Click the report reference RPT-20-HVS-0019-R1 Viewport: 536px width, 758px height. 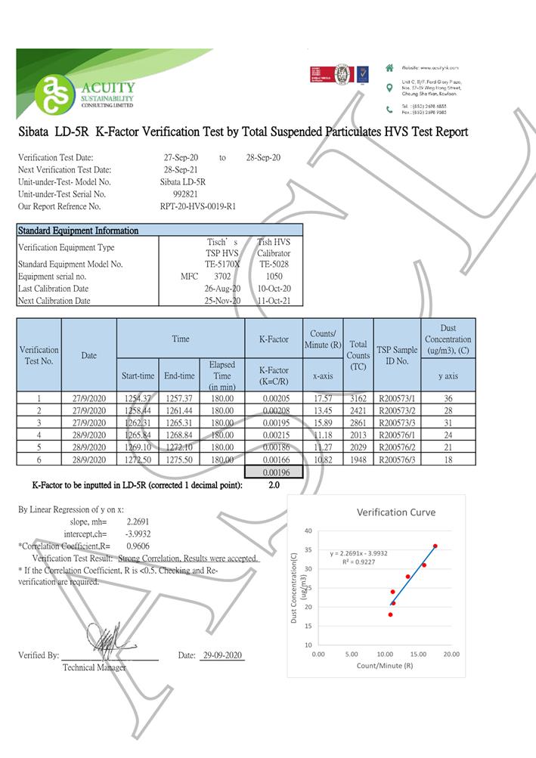(198, 206)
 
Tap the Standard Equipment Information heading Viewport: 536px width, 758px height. (78, 230)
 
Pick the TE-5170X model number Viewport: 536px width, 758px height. (222, 265)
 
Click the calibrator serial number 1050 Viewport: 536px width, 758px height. (274, 277)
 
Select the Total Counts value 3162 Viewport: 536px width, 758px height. (358, 399)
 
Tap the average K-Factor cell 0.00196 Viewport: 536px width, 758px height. (274, 473)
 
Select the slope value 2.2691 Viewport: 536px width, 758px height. (137, 521)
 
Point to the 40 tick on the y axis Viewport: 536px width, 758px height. (308, 531)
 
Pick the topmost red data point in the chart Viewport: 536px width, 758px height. (435, 546)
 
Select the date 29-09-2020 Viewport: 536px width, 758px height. (222, 656)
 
